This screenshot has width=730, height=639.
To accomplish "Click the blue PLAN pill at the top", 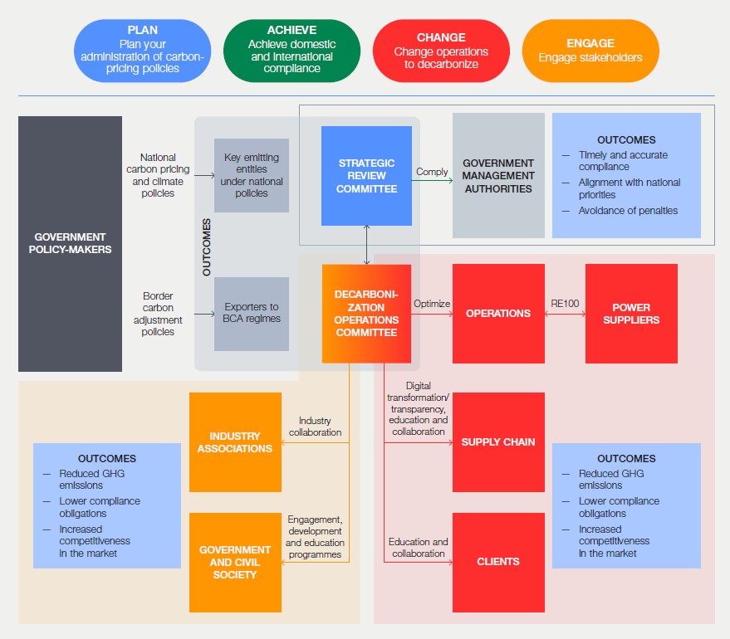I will (x=142, y=50).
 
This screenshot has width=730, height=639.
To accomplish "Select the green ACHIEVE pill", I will (x=292, y=50).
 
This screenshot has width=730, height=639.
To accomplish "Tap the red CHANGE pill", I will (x=441, y=50).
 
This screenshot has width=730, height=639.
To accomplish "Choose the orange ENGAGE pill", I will (x=590, y=50).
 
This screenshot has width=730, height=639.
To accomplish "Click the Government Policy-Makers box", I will (x=70, y=243).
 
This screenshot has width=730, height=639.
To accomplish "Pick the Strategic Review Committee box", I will (x=366, y=176).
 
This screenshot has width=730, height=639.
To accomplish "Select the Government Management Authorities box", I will (x=498, y=176).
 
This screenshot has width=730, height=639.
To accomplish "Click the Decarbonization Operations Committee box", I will (x=366, y=314).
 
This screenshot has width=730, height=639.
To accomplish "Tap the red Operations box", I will (x=498, y=314).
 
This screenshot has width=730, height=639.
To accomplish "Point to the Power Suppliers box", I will (x=631, y=314).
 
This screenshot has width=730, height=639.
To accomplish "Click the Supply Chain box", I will (x=498, y=442).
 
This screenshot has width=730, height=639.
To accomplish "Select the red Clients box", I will (x=498, y=562).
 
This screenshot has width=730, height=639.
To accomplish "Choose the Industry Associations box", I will (x=235, y=442).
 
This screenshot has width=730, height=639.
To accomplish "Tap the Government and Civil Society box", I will (x=235, y=562).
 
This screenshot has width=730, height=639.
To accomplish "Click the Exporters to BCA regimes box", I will (x=252, y=313).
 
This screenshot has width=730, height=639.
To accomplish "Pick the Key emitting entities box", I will (x=252, y=175).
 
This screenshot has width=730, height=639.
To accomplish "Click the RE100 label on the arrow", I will (x=565, y=304).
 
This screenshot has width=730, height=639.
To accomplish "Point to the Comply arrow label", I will (x=432, y=172).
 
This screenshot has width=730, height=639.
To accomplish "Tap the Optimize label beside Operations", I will (x=432, y=304).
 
